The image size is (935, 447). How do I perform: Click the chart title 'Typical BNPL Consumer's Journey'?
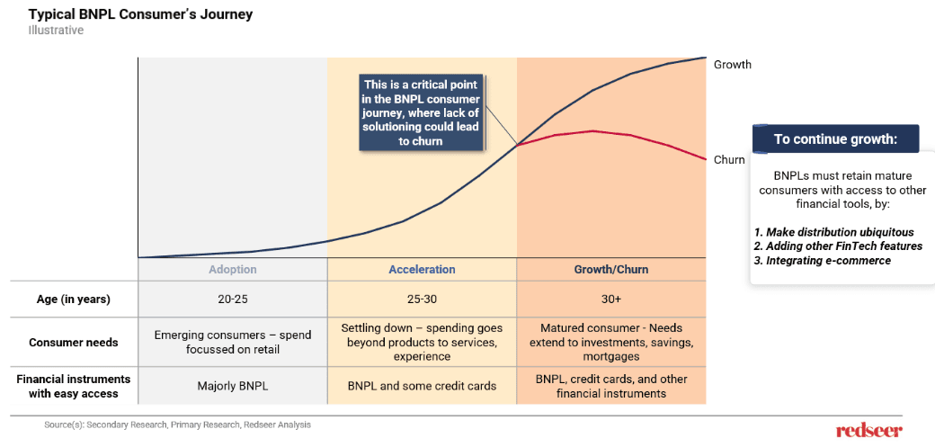[140, 14]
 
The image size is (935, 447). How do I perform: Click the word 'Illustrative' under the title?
[56, 31]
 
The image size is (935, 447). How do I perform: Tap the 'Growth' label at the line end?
[732, 65]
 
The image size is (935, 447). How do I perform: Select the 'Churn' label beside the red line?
[729, 160]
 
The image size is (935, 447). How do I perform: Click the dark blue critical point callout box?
[421, 112]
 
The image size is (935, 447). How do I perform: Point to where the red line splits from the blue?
[517, 145]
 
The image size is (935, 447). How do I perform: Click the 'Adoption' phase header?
[232, 270]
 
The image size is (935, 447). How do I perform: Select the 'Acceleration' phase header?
[422, 270]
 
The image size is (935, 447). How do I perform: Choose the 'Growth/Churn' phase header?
[610, 270]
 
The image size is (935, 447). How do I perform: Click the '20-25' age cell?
[232, 299]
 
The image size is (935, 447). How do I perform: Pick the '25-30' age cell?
[422, 299]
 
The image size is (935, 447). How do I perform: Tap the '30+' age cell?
[610, 299]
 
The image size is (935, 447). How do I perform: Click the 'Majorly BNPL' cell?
[232, 386]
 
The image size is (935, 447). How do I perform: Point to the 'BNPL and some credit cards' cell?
[422, 386]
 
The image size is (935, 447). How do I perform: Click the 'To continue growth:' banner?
[835, 139]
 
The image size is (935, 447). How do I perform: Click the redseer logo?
[868, 430]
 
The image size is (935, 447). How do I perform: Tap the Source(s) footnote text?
[177, 425]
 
